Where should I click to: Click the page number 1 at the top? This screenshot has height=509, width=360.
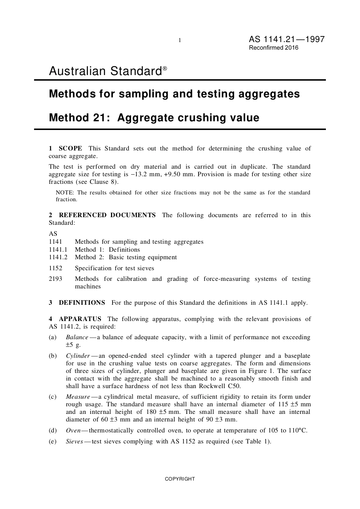(180, 40)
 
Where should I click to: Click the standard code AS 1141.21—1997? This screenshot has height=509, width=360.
(286, 39)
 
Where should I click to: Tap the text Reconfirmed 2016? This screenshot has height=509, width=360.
(273, 48)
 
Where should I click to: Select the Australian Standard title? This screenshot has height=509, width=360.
(105, 71)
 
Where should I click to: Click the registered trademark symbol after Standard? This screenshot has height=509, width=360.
(165, 69)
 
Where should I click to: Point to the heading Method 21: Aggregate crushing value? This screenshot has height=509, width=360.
(154, 118)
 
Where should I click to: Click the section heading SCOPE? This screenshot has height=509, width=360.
(70, 149)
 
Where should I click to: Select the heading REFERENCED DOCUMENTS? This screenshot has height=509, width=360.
(107, 215)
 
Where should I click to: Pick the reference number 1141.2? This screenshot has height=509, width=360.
(58, 257)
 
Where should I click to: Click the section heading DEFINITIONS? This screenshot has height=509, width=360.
(82, 303)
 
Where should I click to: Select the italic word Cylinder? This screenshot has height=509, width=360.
(78, 356)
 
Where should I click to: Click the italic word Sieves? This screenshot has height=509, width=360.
(74, 442)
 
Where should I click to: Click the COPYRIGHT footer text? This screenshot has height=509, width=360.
(180, 479)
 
